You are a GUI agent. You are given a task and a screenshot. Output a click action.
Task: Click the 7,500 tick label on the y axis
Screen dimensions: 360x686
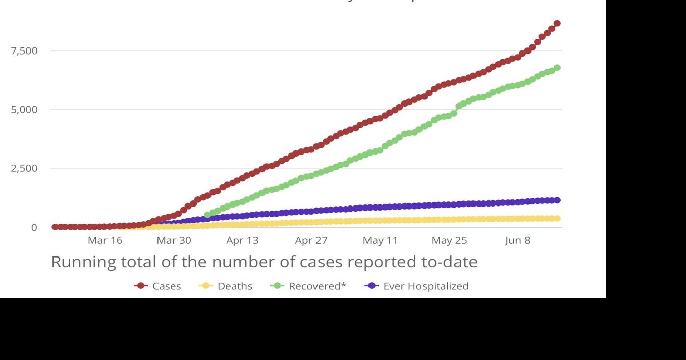click(x=24, y=51)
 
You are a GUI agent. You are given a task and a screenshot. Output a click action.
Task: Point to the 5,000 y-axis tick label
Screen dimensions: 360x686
click(x=24, y=110)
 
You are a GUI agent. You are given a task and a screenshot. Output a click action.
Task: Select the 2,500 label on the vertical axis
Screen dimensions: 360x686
click(x=24, y=168)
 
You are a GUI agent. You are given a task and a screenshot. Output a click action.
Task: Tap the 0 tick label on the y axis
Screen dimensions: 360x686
click(x=34, y=228)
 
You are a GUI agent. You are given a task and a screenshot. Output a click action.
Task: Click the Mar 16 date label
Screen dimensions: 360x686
click(x=105, y=240)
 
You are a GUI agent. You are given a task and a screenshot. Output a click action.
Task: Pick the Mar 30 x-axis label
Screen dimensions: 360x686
click(x=174, y=240)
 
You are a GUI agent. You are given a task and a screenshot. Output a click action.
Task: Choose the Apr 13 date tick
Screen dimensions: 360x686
click(x=242, y=240)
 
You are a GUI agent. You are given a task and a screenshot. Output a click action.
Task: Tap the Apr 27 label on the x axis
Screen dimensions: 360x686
click(x=311, y=240)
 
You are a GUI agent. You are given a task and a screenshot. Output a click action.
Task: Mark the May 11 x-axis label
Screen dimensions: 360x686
click(x=380, y=240)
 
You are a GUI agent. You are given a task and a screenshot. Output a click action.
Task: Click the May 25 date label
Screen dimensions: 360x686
click(x=449, y=240)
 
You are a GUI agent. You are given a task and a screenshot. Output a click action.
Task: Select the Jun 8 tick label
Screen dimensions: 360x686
click(x=518, y=240)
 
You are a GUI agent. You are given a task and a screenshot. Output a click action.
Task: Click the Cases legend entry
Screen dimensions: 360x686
click(x=158, y=286)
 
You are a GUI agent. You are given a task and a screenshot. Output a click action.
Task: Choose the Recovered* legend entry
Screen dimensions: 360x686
click(x=308, y=286)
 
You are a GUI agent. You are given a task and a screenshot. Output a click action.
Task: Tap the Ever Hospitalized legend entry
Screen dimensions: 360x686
click(x=416, y=286)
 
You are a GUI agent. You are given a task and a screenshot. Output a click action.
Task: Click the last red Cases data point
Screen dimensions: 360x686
click(x=557, y=23)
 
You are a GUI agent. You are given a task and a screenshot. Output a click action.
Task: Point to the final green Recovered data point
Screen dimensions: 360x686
click(x=557, y=68)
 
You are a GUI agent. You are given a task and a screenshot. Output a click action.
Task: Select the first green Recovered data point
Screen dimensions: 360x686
click(x=207, y=215)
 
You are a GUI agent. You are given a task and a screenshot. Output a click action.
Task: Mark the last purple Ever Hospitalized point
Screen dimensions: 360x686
click(x=557, y=200)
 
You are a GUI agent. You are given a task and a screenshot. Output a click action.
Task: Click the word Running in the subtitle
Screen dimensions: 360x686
click(x=83, y=262)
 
